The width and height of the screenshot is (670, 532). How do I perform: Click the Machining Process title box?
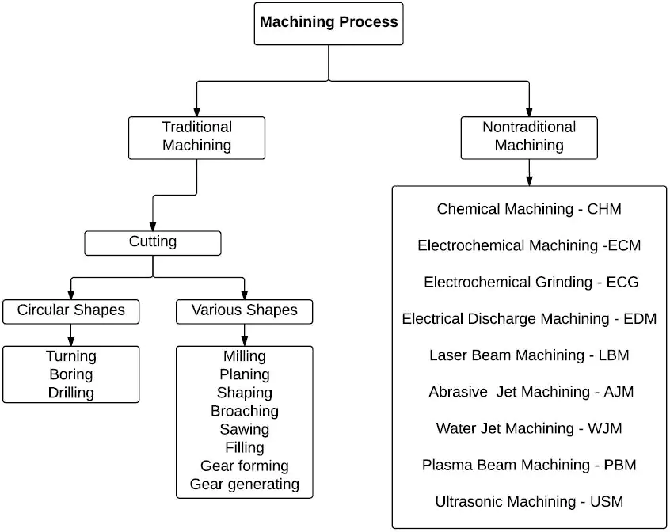point(329,24)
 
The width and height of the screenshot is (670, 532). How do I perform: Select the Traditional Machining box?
point(196,138)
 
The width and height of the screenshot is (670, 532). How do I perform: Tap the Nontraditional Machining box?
point(529,138)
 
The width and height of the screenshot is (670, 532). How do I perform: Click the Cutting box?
point(153,243)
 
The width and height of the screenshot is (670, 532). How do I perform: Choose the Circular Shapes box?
point(71,312)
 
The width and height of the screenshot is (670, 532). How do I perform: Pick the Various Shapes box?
point(245,312)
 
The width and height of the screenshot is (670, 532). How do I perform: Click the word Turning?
point(71,356)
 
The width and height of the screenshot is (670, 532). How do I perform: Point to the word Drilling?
point(71,393)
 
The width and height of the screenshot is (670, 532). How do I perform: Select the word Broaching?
point(245,411)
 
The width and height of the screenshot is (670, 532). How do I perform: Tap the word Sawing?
point(245,429)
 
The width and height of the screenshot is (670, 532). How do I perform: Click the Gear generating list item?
point(245,484)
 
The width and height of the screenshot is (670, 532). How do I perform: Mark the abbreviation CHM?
point(604,209)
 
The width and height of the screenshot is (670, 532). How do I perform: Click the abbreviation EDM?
point(640,318)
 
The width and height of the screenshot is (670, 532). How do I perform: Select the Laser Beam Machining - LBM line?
point(529,355)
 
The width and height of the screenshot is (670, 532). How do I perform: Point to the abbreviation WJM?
point(604,428)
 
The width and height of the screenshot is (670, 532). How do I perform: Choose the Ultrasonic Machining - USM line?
point(529,501)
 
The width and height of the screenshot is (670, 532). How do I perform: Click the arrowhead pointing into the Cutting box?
point(153,226)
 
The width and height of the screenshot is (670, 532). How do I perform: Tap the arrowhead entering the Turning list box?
point(71,341)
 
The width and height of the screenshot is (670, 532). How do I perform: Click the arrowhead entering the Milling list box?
point(245,341)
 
